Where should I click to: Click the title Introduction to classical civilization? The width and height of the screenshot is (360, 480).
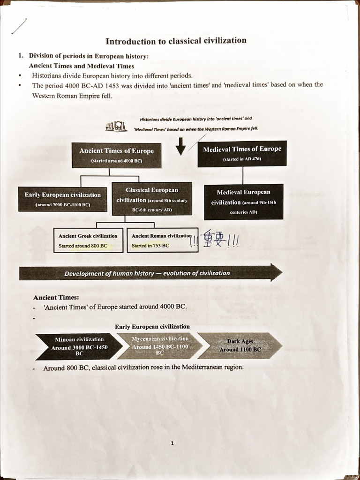point(176,41)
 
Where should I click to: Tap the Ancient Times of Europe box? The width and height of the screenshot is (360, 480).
point(116,155)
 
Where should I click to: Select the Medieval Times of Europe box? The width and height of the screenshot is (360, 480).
point(242,153)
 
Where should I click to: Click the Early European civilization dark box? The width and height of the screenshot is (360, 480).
point(62,199)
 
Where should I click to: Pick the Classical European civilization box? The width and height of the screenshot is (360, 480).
point(152,199)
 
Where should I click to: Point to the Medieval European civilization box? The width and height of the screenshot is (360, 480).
point(244,202)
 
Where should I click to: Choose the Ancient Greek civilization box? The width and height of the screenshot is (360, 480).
point(89,240)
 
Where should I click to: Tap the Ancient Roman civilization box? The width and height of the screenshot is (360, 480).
point(162,240)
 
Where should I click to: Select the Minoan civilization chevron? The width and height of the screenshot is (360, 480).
point(77,346)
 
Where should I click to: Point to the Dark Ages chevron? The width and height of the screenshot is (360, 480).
point(240,345)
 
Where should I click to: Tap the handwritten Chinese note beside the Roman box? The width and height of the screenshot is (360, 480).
point(215,240)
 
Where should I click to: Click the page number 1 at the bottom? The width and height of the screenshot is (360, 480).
point(172,443)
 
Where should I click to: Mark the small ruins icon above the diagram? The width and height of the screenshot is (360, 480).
point(116,127)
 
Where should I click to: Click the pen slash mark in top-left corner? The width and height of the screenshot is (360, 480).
point(19,26)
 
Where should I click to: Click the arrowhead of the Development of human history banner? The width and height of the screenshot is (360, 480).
point(276,272)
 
